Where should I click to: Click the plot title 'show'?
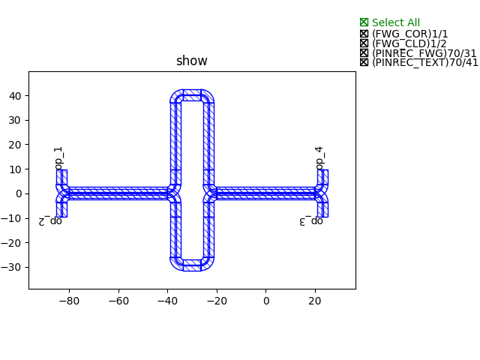point(192,61)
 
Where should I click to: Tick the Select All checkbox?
point(364,22)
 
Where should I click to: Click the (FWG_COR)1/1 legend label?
point(410,34)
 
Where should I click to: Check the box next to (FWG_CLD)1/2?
point(364,43)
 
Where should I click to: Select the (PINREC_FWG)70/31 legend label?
point(424,53)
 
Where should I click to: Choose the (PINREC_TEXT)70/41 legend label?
point(425,62)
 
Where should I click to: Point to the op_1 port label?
point(58,158)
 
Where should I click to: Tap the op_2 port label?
point(50,221)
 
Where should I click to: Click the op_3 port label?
point(311,221)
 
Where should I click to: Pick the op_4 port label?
point(319,158)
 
